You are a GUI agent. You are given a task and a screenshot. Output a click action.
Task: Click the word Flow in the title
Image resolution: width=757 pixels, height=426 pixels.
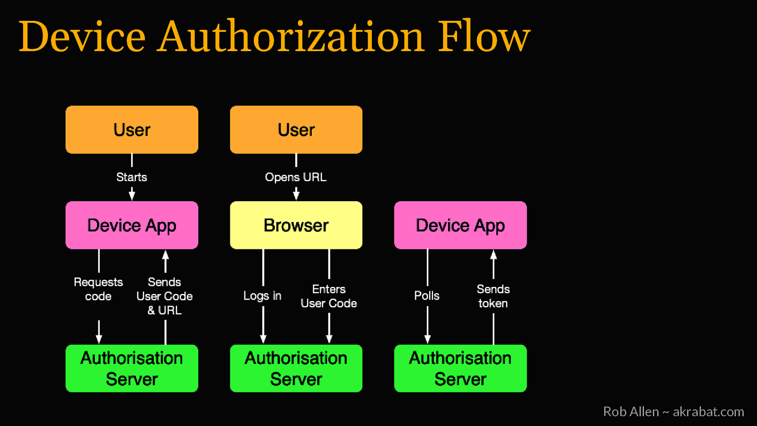(x=484, y=37)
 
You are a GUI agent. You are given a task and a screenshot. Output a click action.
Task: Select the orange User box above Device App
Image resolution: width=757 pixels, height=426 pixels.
(x=132, y=130)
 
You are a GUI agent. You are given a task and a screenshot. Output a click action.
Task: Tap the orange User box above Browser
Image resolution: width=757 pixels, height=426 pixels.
(x=296, y=130)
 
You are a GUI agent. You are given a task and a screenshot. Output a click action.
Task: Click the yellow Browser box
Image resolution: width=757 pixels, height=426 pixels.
(x=296, y=225)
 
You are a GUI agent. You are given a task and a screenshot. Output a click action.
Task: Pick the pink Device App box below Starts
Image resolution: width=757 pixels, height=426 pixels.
(x=132, y=225)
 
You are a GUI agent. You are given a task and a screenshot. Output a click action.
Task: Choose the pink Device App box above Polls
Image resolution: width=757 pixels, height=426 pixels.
(x=460, y=225)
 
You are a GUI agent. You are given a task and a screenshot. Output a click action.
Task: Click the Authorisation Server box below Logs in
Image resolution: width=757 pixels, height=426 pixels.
(x=296, y=368)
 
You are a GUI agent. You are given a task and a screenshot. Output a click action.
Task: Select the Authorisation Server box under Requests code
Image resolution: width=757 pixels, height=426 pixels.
(x=132, y=368)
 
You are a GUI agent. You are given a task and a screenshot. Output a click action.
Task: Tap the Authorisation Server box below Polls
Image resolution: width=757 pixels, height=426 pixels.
(x=460, y=368)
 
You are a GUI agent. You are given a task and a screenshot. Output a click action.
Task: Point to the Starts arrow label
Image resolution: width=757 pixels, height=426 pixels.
(x=132, y=177)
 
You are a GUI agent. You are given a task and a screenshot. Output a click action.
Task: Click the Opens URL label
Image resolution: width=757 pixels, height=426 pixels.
(x=296, y=177)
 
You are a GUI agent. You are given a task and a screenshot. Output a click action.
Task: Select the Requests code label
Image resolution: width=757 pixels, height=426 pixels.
(x=98, y=289)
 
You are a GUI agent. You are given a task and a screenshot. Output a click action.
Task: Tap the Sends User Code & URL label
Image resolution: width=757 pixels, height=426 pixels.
(x=165, y=296)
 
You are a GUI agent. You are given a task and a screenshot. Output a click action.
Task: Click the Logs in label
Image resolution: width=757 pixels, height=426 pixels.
(x=262, y=296)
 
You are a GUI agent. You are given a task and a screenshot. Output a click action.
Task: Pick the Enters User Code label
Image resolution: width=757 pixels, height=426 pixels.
(x=329, y=296)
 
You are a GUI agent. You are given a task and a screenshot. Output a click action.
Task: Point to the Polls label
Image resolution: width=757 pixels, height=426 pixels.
(x=427, y=296)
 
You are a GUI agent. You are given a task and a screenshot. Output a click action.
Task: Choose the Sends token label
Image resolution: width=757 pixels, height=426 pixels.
(x=493, y=296)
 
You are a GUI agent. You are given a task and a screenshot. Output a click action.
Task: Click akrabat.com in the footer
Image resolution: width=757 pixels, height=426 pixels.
(x=708, y=412)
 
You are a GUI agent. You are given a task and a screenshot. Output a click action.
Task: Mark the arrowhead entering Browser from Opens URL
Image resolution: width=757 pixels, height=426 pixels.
(x=296, y=195)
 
